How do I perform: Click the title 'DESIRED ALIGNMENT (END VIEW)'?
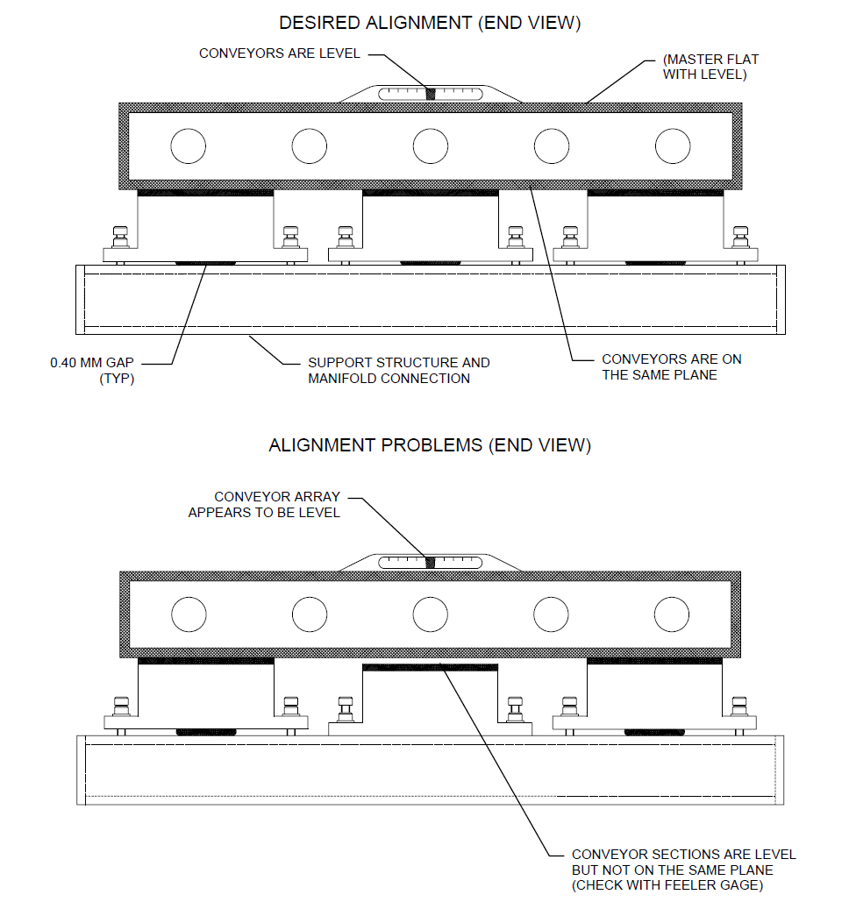pyautogui.click(x=430, y=23)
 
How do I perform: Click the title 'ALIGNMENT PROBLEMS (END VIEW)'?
pyautogui.click(x=430, y=445)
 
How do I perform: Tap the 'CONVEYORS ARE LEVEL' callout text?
pyautogui.click(x=279, y=53)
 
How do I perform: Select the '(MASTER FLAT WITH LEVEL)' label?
pyautogui.click(x=710, y=67)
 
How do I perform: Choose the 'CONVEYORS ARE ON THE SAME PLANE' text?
pyautogui.click(x=671, y=367)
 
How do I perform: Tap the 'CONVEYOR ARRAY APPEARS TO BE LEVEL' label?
pyautogui.click(x=264, y=504)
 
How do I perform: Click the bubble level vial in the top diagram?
pyautogui.click(x=430, y=93)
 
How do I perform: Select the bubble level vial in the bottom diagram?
pyautogui.click(x=430, y=562)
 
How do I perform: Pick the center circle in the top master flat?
pyautogui.click(x=430, y=146)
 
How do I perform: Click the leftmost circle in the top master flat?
pyautogui.click(x=188, y=146)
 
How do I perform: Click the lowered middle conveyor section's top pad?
pyautogui.click(x=430, y=667)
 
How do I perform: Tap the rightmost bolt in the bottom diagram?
pyautogui.click(x=741, y=707)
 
